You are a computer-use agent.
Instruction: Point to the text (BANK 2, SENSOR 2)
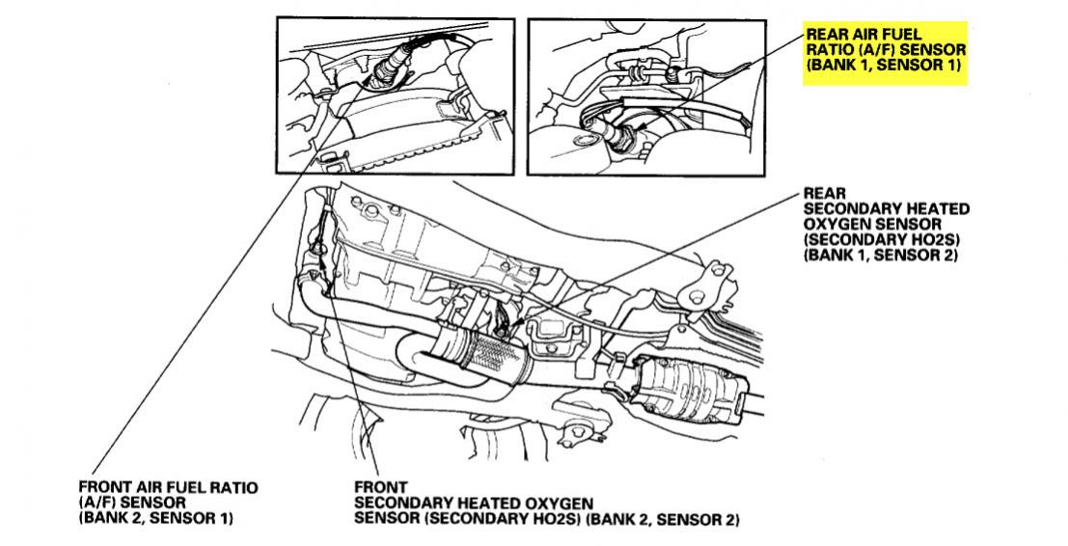[666, 519]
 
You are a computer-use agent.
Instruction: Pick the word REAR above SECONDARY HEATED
[825, 193]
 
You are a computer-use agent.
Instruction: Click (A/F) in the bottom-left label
[97, 503]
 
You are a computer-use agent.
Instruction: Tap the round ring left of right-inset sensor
[583, 142]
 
